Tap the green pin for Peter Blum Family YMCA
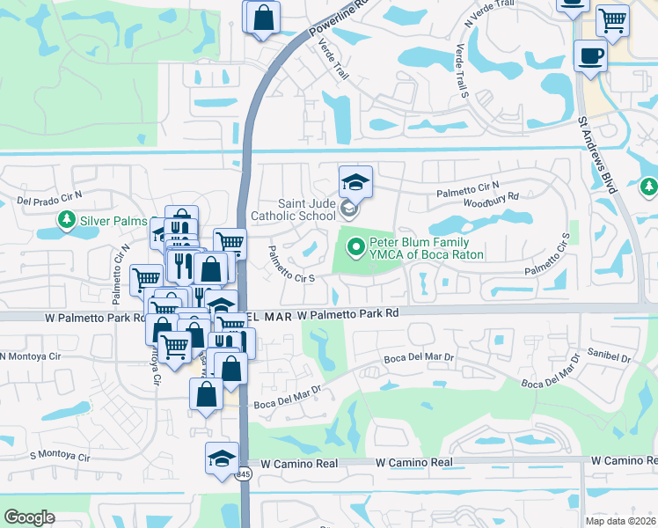click(x=356, y=248)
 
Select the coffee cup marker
click(x=589, y=56)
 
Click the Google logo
click(x=29, y=517)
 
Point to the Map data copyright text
click(x=620, y=521)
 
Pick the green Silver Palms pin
click(x=66, y=219)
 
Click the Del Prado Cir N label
click(x=49, y=199)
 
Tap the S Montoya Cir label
click(x=60, y=457)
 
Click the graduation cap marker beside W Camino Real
click(x=222, y=458)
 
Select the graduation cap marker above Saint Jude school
click(x=355, y=182)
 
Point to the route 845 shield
click(x=244, y=475)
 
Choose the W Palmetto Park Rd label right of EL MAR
click(x=348, y=313)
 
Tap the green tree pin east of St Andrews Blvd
click(x=649, y=187)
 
